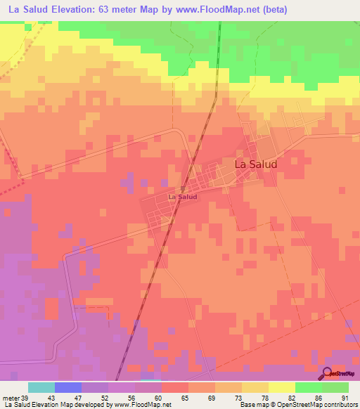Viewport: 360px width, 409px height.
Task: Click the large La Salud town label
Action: coord(255,164)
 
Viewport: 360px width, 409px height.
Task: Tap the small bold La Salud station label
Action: coord(182,197)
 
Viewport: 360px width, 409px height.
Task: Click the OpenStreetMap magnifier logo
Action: coord(327,373)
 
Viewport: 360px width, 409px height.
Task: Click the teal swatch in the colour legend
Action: coord(41,388)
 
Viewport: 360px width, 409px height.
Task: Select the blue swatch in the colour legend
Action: coord(68,388)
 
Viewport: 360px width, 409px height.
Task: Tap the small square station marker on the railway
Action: coord(182,189)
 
